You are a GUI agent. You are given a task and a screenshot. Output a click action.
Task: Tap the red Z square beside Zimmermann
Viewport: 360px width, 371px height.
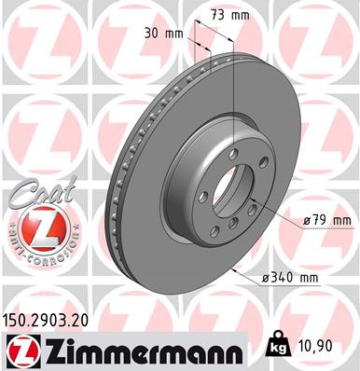18,350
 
